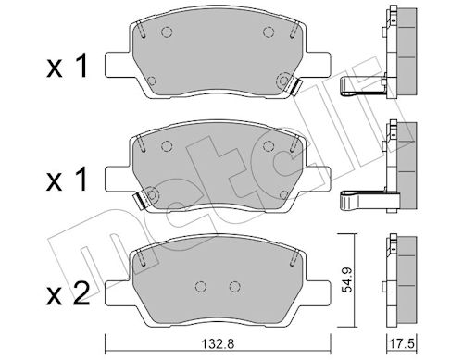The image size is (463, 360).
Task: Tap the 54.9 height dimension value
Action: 348,279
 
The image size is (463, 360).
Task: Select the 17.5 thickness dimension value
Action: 402,343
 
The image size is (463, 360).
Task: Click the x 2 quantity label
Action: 68,293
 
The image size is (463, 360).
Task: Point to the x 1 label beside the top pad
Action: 67,66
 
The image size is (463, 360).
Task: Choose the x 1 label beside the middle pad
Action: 67,179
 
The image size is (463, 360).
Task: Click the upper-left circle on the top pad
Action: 167,31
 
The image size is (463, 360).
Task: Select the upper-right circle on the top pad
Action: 269,31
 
